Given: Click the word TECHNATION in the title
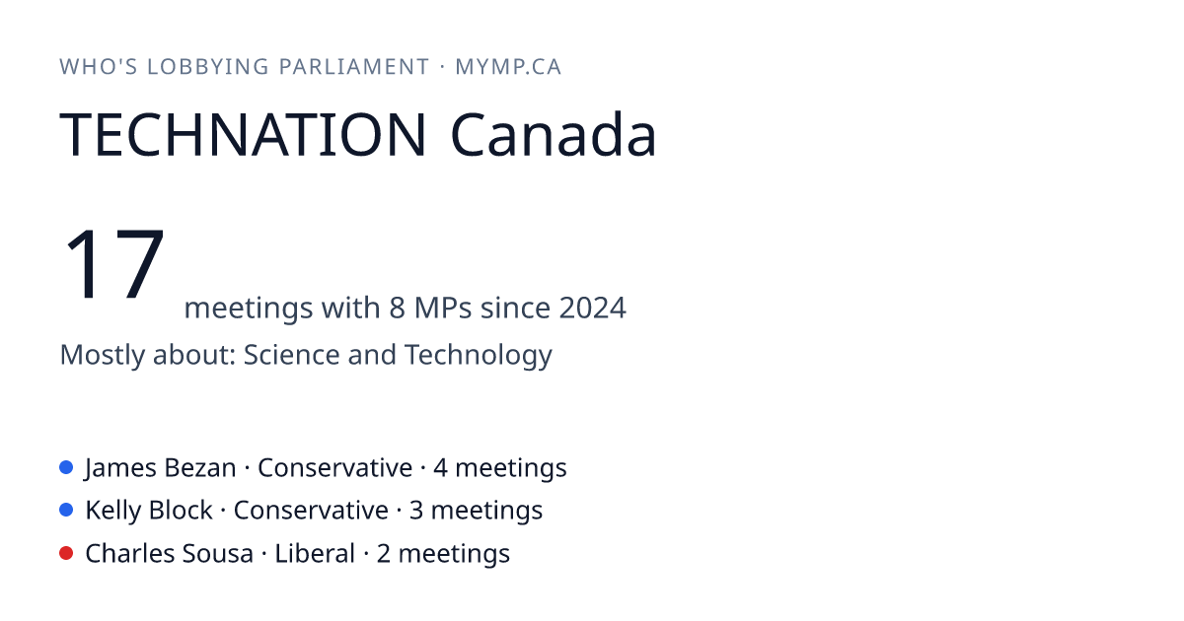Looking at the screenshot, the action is pos(243,135).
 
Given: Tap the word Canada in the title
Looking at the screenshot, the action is pos(554,134).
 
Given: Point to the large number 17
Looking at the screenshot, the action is pos(114,263).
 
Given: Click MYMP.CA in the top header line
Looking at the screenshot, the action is pos(508,67).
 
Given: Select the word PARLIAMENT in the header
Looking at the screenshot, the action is pos(353,67).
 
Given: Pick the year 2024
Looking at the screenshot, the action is pos(593,308).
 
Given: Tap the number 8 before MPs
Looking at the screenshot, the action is pos(397,308).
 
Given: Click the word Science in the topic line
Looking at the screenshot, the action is pos(291,354).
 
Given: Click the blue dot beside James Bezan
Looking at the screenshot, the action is pos(66,467).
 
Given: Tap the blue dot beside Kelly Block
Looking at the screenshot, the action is pos(66,510).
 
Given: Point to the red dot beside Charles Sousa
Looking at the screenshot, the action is pos(66,553).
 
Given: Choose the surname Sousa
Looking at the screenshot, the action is pos(215,553).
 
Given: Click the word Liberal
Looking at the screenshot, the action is pos(315,553).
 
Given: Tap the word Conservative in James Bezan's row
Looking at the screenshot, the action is pos(334,468).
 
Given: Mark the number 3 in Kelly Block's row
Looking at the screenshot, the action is pos(416,511).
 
